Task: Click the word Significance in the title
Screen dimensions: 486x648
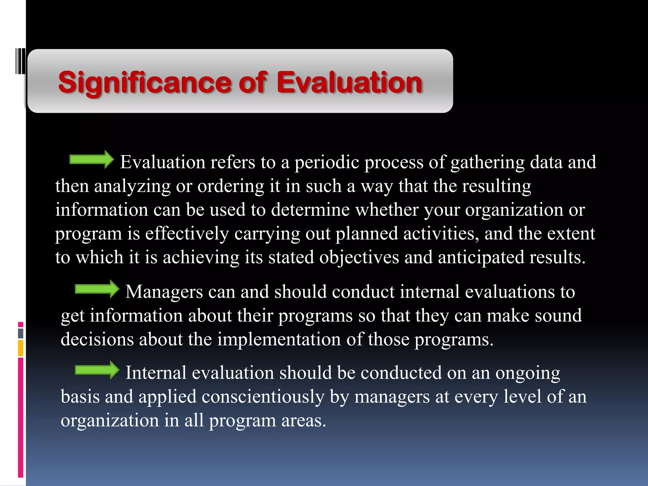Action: (x=146, y=83)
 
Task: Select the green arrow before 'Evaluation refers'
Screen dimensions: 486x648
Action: (x=91, y=159)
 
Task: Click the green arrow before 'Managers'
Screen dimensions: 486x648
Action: (x=97, y=289)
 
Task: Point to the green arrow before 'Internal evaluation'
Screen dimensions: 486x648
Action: (x=97, y=370)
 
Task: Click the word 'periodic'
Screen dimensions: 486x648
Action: (x=327, y=163)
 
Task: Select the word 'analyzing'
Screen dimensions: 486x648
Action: (x=132, y=186)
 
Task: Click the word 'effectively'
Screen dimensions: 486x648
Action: (x=187, y=234)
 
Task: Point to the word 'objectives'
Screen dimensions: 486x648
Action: (x=359, y=257)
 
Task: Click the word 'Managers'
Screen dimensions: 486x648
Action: (x=164, y=292)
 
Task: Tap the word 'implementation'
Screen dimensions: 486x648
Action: (x=279, y=340)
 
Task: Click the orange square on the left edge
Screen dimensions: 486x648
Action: (x=21, y=348)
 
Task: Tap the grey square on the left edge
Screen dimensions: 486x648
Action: (x=21, y=333)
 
